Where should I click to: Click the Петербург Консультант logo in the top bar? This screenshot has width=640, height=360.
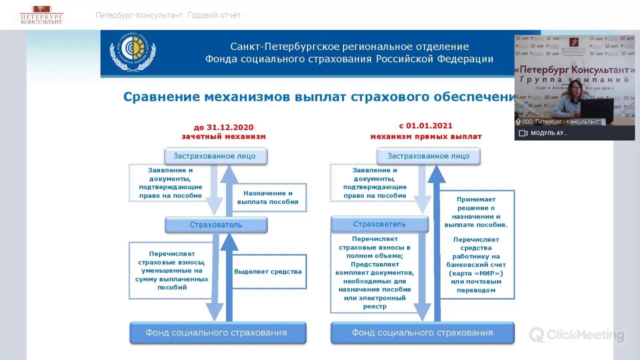(x=41, y=15)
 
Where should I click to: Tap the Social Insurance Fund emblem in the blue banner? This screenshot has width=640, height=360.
(x=132, y=52)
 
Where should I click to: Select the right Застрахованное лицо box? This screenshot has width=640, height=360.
(x=428, y=156)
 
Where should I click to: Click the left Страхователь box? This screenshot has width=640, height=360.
(x=216, y=225)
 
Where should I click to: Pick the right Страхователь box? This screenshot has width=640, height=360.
(x=379, y=224)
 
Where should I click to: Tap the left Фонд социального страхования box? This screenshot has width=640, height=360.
(x=217, y=333)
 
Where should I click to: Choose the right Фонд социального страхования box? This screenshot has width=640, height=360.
(x=422, y=333)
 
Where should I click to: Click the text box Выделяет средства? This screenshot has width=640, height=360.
(x=268, y=271)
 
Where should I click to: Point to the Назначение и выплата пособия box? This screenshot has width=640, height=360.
(x=267, y=197)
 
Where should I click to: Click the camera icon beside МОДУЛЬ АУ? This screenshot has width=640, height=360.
(x=523, y=133)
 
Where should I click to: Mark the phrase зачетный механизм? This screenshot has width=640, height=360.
(x=223, y=136)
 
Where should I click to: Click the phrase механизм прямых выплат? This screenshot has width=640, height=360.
(x=426, y=136)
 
